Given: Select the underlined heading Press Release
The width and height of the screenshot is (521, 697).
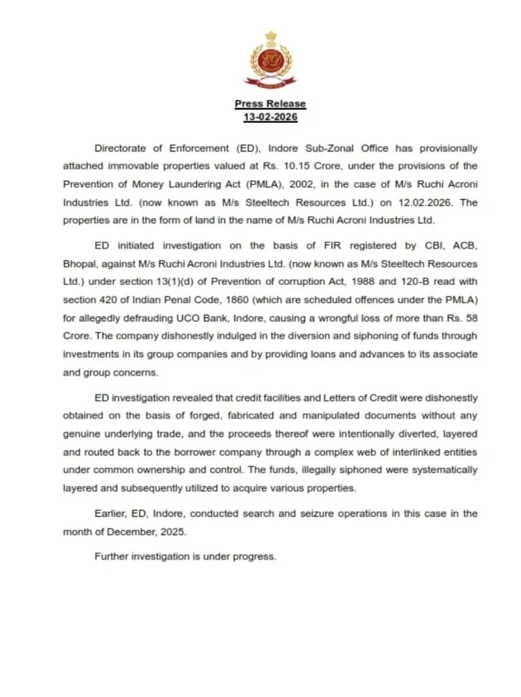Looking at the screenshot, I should [x=270, y=103].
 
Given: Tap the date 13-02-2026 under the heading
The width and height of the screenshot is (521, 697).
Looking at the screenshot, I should [x=270, y=117].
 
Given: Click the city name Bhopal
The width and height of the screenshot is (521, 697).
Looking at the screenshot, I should [x=79, y=264].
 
